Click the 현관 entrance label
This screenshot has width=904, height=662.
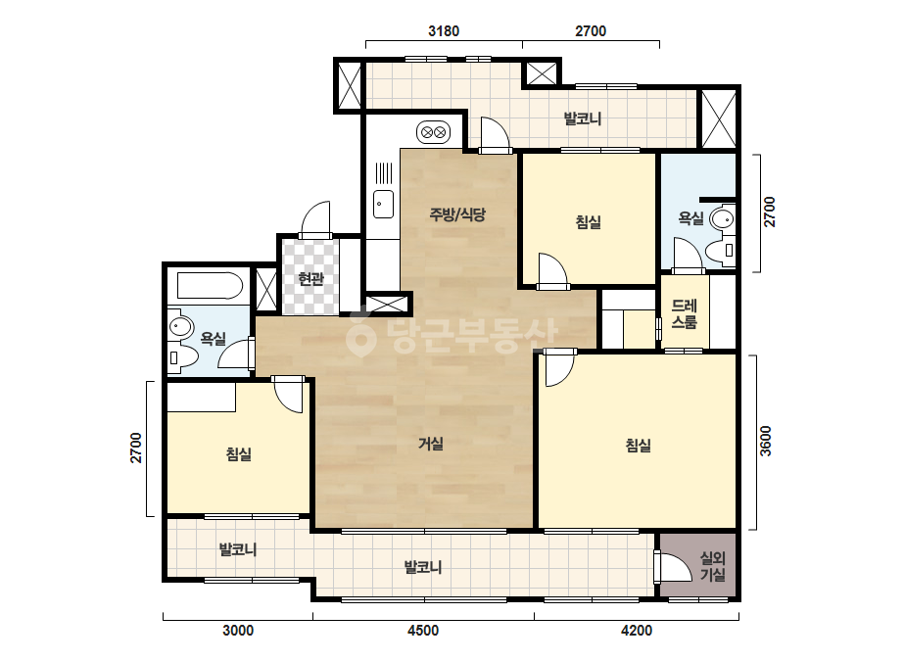pyautogui.click(x=311, y=280)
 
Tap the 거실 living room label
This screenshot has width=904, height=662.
pyautogui.click(x=431, y=444)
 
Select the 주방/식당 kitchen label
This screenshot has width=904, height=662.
pyautogui.click(x=457, y=214)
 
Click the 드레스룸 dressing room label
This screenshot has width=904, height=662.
pyautogui.click(x=685, y=313)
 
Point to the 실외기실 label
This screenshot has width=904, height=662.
pyautogui.click(x=713, y=566)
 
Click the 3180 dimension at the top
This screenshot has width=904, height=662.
pyautogui.click(x=444, y=30)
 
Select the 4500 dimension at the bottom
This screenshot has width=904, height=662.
pyautogui.click(x=423, y=631)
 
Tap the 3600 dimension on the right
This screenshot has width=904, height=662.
pyautogui.click(x=765, y=441)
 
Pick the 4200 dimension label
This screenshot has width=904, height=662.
pyautogui.click(x=637, y=631)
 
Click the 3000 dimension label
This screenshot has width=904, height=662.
pyautogui.click(x=238, y=631)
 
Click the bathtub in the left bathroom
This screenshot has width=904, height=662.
pyautogui.click(x=210, y=286)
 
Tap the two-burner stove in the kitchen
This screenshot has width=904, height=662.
pyautogui.click(x=433, y=132)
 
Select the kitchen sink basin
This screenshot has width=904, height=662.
pyautogui.click(x=383, y=204)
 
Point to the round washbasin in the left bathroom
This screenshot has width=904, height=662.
pyautogui.click(x=180, y=327)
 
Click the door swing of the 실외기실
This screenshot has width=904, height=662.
pyautogui.click(x=674, y=567)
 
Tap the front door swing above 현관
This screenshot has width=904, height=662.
pyautogui.click(x=315, y=219)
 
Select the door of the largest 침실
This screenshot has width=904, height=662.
pyautogui.click(x=560, y=368)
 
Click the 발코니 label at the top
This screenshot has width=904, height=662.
pyautogui.click(x=583, y=119)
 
